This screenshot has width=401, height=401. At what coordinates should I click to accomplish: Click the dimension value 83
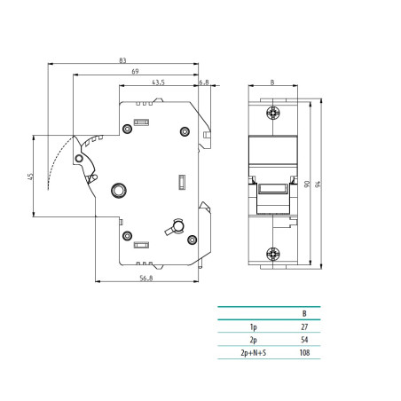[x=121, y=59]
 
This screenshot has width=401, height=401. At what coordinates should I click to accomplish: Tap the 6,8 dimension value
[x=203, y=82]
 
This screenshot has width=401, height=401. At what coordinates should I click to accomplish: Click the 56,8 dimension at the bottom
[x=145, y=277]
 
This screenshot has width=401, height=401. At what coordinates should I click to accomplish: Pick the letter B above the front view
[x=271, y=83]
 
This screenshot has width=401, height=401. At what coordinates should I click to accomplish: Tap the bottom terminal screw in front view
[x=271, y=252]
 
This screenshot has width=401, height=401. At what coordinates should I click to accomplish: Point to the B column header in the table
[x=304, y=313]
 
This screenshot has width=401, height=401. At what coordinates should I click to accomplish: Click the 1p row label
[x=254, y=327]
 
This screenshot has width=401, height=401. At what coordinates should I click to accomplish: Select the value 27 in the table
[x=304, y=327]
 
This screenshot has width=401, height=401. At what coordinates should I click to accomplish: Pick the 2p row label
[x=254, y=341]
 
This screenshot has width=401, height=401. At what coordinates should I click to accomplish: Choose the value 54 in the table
[x=304, y=341]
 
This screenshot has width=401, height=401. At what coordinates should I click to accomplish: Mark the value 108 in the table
[x=304, y=354]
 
